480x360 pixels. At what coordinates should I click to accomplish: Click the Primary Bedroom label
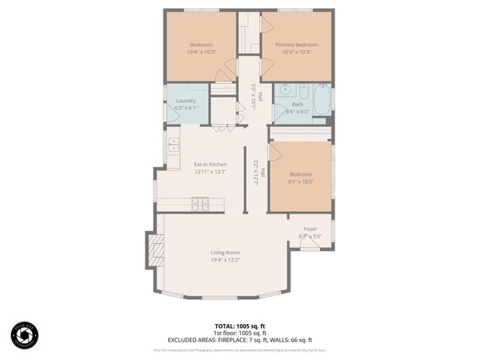(x=296, y=44)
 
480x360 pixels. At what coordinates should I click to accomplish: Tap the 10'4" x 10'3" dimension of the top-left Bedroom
(x=201, y=52)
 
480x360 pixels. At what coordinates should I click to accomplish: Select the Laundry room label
(x=186, y=100)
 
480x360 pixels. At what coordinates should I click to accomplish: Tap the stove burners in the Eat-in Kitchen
(x=201, y=202)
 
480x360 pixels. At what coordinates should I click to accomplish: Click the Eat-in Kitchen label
(x=210, y=164)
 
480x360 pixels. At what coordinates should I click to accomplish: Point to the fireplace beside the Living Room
(x=154, y=250)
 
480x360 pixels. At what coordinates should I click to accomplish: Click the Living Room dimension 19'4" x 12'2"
(x=225, y=260)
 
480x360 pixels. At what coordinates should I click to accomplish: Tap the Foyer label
(x=310, y=229)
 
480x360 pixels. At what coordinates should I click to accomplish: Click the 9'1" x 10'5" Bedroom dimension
(x=300, y=181)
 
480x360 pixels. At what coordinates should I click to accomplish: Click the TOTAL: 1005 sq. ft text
(x=240, y=326)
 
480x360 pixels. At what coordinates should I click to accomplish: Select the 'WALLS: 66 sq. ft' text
(x=294, y=340)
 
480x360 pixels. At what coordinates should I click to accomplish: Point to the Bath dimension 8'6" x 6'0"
(x=297, y=112)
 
